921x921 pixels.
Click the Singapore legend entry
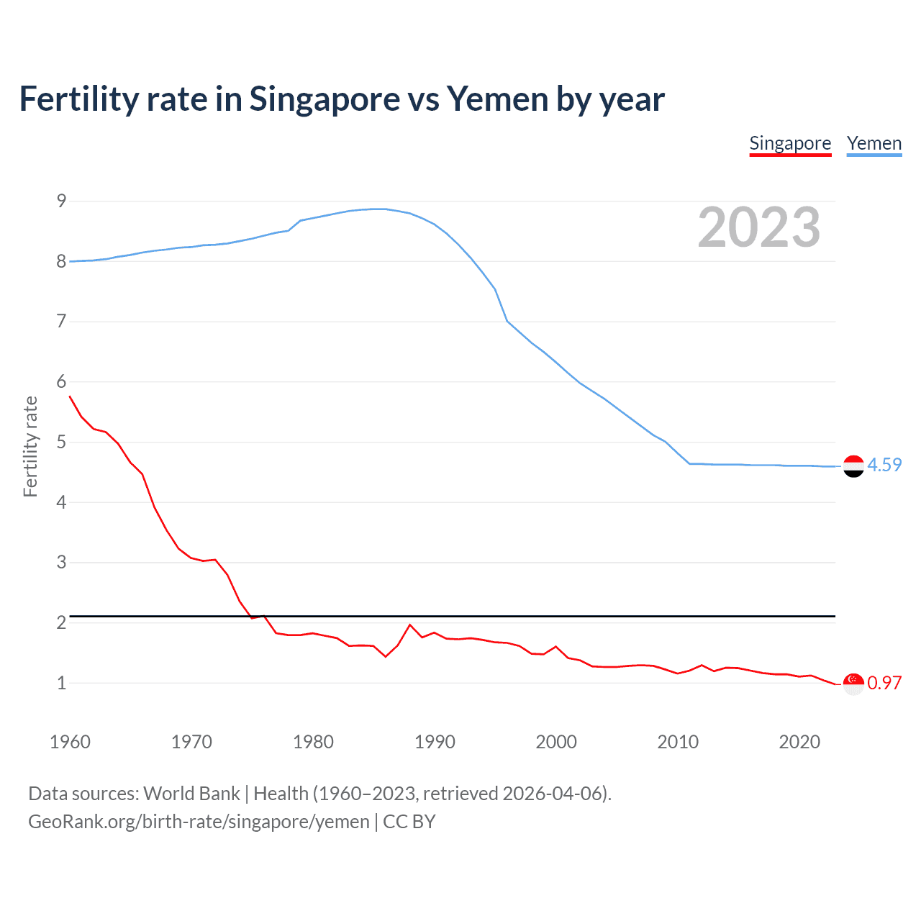coord(790,143)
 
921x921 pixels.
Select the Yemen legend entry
coord(874,143)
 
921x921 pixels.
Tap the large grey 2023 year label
coord(758,227)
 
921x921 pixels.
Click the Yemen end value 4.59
coord(884,465)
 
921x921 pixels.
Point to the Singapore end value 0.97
coord(884,683)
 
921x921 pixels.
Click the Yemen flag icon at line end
coord(853,466)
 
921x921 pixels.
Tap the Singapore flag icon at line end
coord(853,684)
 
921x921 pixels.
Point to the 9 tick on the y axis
coord(61,201)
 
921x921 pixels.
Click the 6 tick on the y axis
coord(61,382)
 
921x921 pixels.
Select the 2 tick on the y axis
coord(61,622)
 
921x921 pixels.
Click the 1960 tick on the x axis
coord(70,742)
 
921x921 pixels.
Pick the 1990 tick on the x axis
coord(435,742)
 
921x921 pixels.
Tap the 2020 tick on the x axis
coord(799,742)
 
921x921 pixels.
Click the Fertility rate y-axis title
coord(30,446)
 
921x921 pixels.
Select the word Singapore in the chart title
coord(325,99)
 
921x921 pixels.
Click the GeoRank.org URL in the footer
coord(199,822)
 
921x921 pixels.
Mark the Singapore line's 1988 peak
coord(409,625)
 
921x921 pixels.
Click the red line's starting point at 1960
coord(70,396)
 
